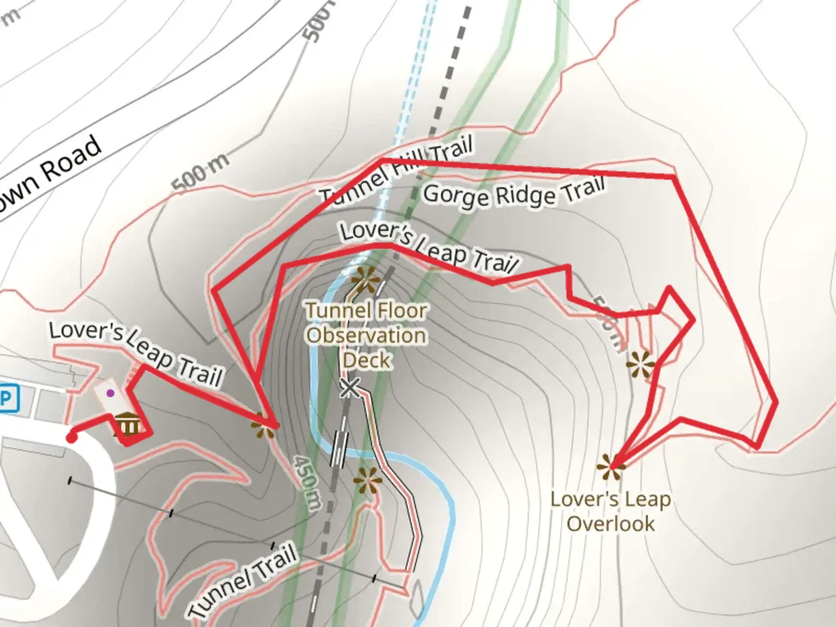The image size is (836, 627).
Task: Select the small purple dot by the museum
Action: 110,393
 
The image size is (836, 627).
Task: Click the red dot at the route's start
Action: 71,437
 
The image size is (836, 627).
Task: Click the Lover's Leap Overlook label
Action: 611,511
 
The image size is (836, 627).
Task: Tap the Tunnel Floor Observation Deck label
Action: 366,335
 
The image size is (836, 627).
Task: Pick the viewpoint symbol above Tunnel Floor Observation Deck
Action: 365,280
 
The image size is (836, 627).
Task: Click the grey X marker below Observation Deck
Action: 349,387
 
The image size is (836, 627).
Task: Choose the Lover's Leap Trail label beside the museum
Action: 136,354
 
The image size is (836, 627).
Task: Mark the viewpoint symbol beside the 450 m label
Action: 264,428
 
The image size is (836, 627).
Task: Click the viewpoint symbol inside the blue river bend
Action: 368,481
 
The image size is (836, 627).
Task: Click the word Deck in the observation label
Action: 366,360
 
